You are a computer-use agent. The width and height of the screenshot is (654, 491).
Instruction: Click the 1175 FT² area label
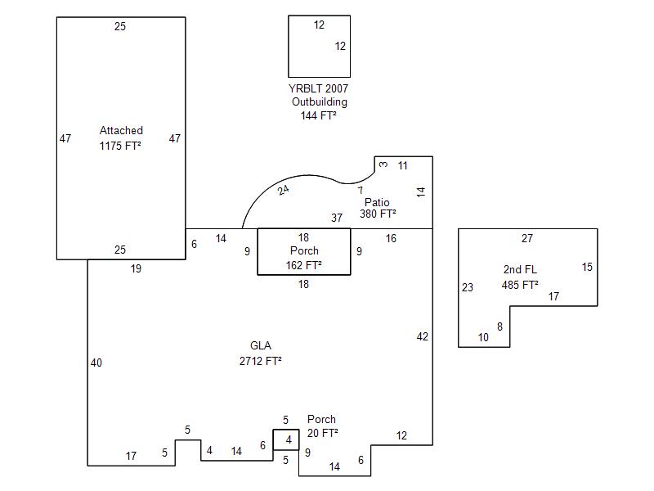tap(121, 146)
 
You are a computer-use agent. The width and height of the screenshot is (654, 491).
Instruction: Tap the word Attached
tap(121, 131)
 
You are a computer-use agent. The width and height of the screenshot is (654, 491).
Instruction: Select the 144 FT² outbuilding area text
tap(319, 116)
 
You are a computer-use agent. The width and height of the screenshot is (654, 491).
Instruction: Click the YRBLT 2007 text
tap(319, 88)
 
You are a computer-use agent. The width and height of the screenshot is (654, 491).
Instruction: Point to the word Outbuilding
tap(319, 102)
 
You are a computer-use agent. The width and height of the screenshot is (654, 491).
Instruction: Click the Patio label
tap(377, 202)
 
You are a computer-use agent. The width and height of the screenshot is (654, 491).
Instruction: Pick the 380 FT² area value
tap(378, 214)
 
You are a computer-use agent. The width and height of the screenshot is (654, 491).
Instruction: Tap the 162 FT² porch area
tap(303, 264)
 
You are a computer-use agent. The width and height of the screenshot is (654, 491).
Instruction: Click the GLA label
tap(261, 345)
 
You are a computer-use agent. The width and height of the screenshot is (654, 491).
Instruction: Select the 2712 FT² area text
tap(261, 360)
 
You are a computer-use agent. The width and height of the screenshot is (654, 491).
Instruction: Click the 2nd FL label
tap(520, 270)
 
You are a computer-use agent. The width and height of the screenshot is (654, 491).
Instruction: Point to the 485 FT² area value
tap(520, 285)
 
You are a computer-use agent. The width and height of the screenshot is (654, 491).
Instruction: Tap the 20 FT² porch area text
tap(323, 433)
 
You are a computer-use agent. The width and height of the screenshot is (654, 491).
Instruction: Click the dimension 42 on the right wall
tap(422, 336)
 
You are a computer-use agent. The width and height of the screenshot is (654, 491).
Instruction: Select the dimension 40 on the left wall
tap(96, 363)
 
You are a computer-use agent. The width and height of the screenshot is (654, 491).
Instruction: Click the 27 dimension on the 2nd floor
tap(527, 239)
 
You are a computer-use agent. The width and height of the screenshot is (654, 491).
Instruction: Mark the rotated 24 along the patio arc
tap(283, 190)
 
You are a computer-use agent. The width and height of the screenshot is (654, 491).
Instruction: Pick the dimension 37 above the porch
tap(337, 218)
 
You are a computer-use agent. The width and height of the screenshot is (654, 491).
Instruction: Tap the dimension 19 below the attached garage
tap(137, 268)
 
